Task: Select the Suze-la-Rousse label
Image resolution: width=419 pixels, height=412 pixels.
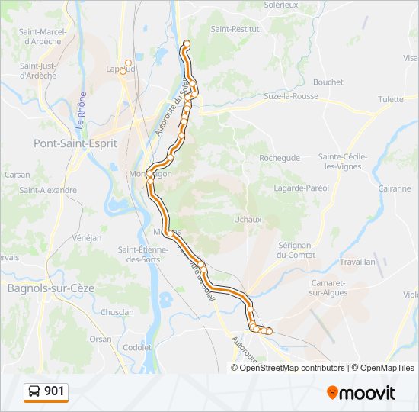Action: click(x=270, y=96)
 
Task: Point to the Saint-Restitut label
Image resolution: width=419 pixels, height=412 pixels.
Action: click(x=235, y=29)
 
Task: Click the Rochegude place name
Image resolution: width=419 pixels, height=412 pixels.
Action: click(x=280, y=158)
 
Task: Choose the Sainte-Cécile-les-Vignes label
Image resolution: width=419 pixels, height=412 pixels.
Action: click(x=343, y=162)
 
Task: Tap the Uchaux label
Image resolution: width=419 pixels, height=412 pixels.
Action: click(x=248, y=219)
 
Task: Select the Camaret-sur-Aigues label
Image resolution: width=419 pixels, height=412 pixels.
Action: click(x=329, y=288)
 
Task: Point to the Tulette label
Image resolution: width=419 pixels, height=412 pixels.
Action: click(x=390, y=99)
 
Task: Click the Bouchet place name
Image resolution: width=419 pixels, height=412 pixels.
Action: click(x=328, y=82)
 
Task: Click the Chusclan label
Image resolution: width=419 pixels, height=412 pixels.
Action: click(x=117, y=312)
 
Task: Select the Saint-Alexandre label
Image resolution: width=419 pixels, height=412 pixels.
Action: click(x=48, y=190)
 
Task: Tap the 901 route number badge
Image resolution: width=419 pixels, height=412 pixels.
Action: click(x=46, y=392)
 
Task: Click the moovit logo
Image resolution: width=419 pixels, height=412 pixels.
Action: click(x=361, y=393)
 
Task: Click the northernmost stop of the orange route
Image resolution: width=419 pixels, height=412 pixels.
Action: click(x=187, y=43)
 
